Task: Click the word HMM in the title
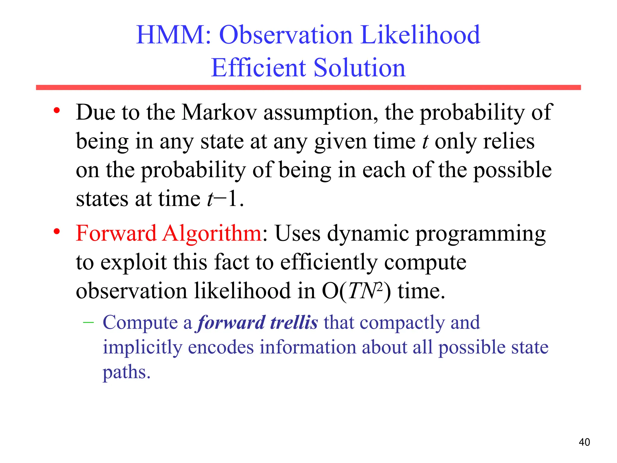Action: pyautogui.click(x=174, y=35)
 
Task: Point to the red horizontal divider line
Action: pyautogui.click(x=308, y=87)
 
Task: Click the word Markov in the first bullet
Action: pyautogui.click(x=219, y=112)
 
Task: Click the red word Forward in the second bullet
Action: pyautogui.click(x=116, y=233)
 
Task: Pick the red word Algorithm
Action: pyautogui.click(x=212, y=234)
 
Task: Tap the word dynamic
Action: pyautogui.click(x=368, y=234)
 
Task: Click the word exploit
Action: pyautogui.click(x=133, y=262)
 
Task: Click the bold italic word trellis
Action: pyautogui.click(x=294, y=322)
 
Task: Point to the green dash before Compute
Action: pyautogui.click(x=88, y=323)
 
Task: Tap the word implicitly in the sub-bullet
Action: pyautogui.click(x=143, y=348)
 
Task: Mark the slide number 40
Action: pyautogui.click(x=584, y=442)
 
